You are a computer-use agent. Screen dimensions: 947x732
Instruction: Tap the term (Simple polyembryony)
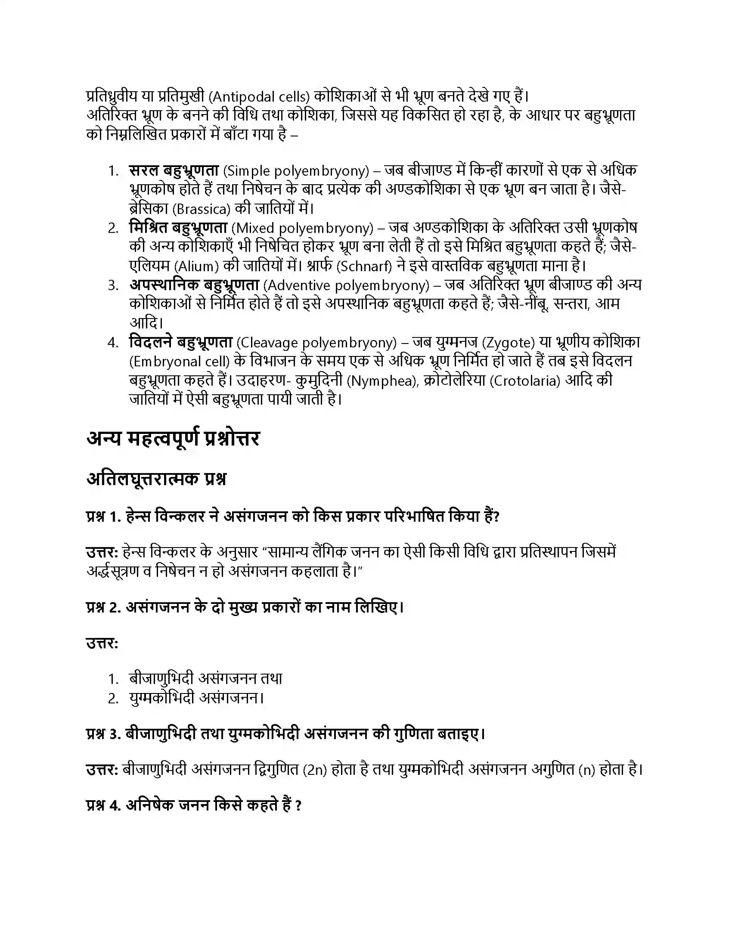(296, 171)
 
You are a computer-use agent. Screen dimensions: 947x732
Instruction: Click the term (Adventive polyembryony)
(346, 286)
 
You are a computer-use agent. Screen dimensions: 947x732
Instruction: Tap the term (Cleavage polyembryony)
(316, 343)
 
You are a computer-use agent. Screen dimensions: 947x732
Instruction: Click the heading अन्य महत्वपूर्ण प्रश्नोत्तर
(173, 439)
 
